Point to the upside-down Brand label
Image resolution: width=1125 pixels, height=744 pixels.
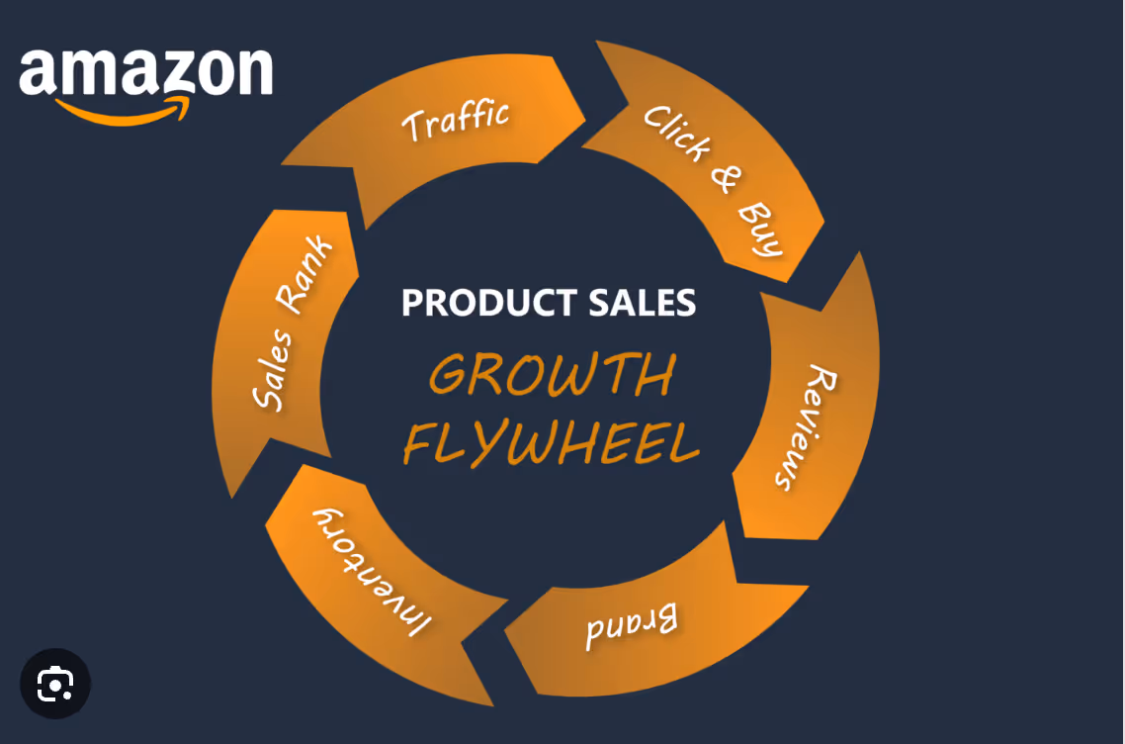tap(632, 626)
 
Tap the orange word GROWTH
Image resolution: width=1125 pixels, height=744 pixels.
tap(552, 376)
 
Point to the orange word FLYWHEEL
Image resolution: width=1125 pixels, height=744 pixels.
tap(551, 442)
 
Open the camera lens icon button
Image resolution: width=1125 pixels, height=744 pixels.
tap(55, 684)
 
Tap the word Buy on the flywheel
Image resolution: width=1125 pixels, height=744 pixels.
tap(761, 230)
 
